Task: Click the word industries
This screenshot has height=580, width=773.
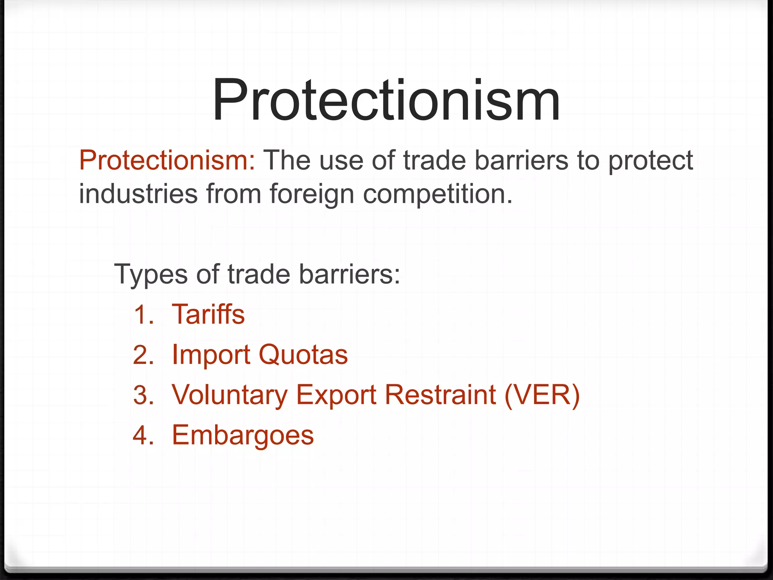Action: tap(138, 194)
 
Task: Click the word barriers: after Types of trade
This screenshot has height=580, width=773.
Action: tap(349, 274)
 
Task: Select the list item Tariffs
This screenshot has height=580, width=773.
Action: tap(208, 314)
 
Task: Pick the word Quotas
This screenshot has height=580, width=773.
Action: tap(303, 355)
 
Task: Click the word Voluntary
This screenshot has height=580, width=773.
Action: tap(229, 396)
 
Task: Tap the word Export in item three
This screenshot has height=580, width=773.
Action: tap(336, 396)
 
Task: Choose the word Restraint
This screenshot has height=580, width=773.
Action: tap(440, 395)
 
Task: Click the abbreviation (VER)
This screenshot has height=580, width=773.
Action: tap(542, 395)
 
